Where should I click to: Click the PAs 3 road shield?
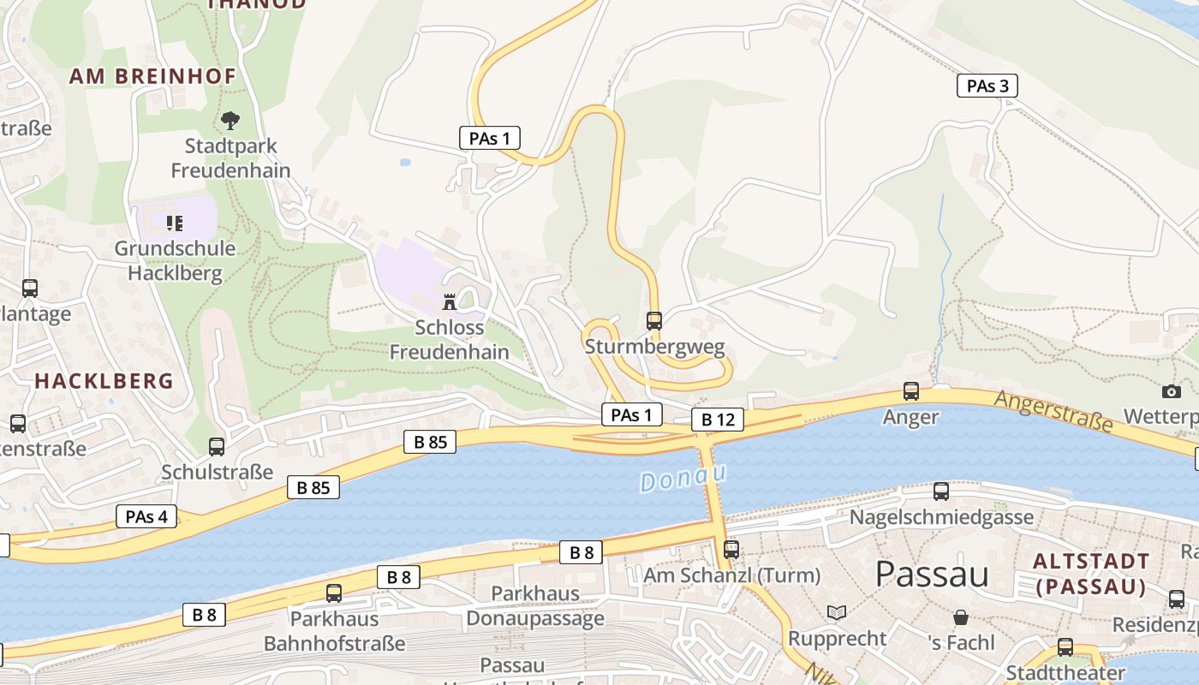click(987, 86)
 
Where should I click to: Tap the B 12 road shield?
click(718, 420)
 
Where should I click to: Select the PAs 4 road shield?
click(146, 516)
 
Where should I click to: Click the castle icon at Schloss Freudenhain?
click(449, 301)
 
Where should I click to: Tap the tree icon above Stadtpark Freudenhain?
click(230, 120)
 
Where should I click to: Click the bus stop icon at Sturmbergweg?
click(654, 321)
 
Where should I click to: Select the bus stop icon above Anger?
click(911, 391)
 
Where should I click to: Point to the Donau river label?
click(683, 478)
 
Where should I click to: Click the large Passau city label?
click(932, 574)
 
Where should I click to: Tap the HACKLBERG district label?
click(104, 381)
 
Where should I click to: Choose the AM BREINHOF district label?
click(152, 76)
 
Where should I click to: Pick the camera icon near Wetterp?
click(1172, 391)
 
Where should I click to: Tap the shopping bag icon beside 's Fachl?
click(961, 617)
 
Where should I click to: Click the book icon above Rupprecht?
click(837, 613)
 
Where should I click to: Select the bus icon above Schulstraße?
click(217, 446)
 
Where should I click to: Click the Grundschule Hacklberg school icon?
click(175, 223)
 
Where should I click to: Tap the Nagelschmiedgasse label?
click(941, 517)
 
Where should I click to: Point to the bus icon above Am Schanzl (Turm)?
click(731, 550)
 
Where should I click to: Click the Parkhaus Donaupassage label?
click(535, 605)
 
